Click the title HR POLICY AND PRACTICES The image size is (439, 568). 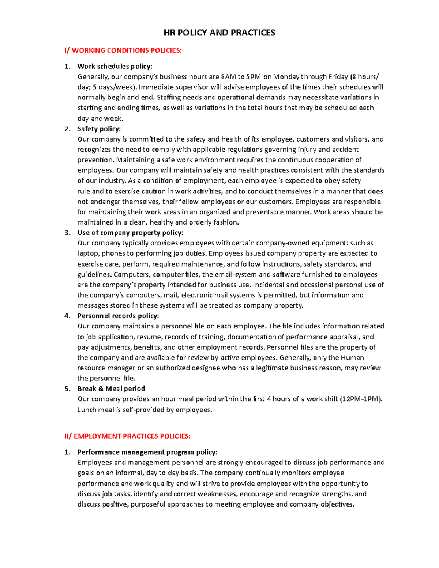219,33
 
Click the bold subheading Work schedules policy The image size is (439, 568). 115,66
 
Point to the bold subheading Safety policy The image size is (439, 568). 99,129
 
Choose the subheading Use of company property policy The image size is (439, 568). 130,233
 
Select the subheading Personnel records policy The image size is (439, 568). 118,316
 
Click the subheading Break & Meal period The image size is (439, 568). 111,388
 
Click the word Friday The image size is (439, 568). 338,77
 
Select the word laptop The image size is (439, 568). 88,253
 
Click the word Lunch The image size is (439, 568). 87,410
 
